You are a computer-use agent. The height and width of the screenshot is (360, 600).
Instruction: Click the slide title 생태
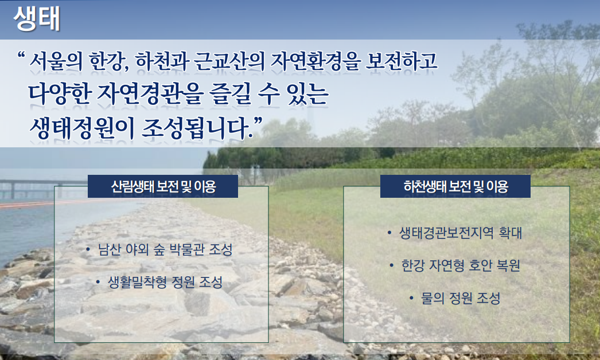pos(37,18)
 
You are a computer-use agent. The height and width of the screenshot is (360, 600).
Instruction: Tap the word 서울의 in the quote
pos(56,61)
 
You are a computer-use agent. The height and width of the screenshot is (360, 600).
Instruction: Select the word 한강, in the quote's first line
pos(108,61)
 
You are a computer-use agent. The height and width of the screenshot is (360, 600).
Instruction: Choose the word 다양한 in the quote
pos(60,94)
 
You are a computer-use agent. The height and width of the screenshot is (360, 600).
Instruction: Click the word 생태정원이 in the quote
pos(82,128)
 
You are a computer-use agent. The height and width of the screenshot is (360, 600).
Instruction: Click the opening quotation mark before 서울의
pos(21,56)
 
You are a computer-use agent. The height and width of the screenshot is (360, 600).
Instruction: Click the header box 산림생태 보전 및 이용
pos(163,186)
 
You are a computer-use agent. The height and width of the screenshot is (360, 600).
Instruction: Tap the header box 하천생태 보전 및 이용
pos(455,186)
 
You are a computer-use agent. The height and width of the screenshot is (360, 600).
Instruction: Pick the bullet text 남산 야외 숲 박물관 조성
pos(165,250)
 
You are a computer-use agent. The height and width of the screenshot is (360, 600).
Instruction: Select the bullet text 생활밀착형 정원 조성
pos(165,283)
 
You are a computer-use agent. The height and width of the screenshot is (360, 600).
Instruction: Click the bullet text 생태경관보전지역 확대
pos(461,233)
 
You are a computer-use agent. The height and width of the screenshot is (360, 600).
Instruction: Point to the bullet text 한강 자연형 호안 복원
pos(461,265)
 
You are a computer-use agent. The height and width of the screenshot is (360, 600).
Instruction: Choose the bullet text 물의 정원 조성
pos(461,299)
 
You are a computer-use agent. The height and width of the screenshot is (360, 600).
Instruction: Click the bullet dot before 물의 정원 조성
pos(411,298)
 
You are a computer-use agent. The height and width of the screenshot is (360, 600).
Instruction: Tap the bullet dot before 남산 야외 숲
pos(88,250)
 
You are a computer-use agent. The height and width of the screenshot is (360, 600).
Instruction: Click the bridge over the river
pos(38,187)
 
